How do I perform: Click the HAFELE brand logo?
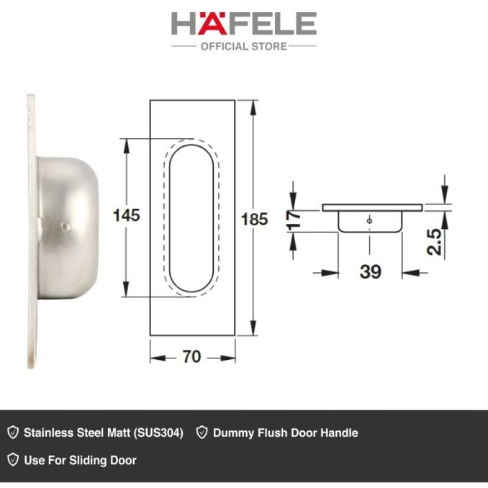(243, 24)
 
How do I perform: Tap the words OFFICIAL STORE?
(243, 46)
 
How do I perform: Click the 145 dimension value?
(126, 214)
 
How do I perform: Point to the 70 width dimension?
(192, 356)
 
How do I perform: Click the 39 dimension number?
(369, 271)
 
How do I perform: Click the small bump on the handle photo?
(66, 226)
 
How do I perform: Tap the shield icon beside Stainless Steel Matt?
(12, 433)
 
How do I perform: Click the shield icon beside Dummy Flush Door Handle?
(202, 433)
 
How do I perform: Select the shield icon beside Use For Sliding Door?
(12, 460)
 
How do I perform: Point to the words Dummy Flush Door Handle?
(285, 433)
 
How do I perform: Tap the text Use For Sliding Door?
(80, 460)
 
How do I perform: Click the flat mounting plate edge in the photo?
(31, 230)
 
